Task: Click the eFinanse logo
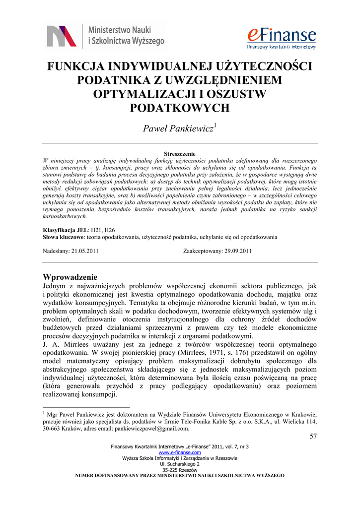pos(282,37)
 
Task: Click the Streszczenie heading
pos(180,154)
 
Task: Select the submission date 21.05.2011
pos(85,251)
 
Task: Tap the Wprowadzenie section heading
pos(70,277)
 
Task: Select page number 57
pos(312,437)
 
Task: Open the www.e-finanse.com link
pos(180,452)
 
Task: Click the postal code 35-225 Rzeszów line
pos(180,469)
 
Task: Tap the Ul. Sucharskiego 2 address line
pos(180,464)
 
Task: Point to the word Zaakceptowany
pos(202,251)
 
